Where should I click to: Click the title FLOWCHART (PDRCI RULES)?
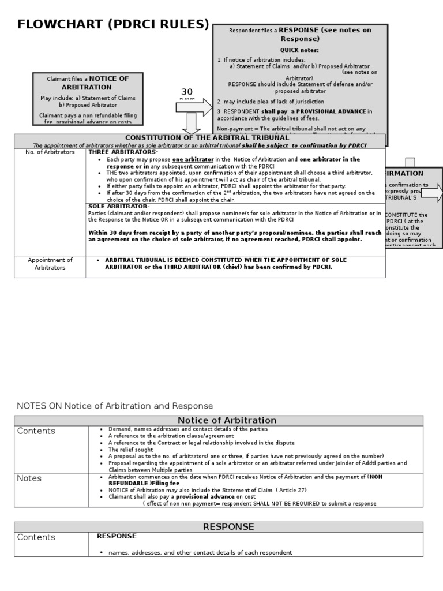point(113,24)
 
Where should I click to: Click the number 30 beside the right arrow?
point(187,92)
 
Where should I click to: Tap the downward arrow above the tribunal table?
point(191,124)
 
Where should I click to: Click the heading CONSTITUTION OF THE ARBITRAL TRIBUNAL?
point(207,137)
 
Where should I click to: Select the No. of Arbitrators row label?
point(50,152)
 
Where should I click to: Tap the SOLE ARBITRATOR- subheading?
point(119,206)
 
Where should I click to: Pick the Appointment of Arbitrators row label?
point(50,264)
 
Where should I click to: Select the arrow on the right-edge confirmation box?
point(432,193)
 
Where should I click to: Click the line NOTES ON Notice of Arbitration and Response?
point(115,406)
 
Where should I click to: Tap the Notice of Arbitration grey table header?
point(219,420)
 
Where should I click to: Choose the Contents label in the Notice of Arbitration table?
point(36,431)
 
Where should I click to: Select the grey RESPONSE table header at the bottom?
point(219,526)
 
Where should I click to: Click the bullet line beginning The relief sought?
point(131,450)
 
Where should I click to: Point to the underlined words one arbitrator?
point(193,159)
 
